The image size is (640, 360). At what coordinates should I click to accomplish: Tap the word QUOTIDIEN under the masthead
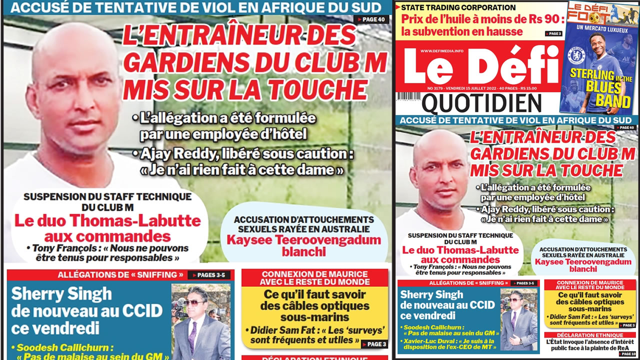coord(481,103)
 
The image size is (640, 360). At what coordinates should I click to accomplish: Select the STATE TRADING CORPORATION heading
coord(458,7)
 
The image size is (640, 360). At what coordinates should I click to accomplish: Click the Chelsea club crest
coord(576,55)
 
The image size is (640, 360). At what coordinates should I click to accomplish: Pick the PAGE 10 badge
coord(628,354)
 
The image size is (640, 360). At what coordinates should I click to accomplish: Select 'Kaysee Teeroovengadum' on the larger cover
coord(304,239)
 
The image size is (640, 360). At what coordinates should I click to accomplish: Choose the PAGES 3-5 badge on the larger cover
coord(209,275)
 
